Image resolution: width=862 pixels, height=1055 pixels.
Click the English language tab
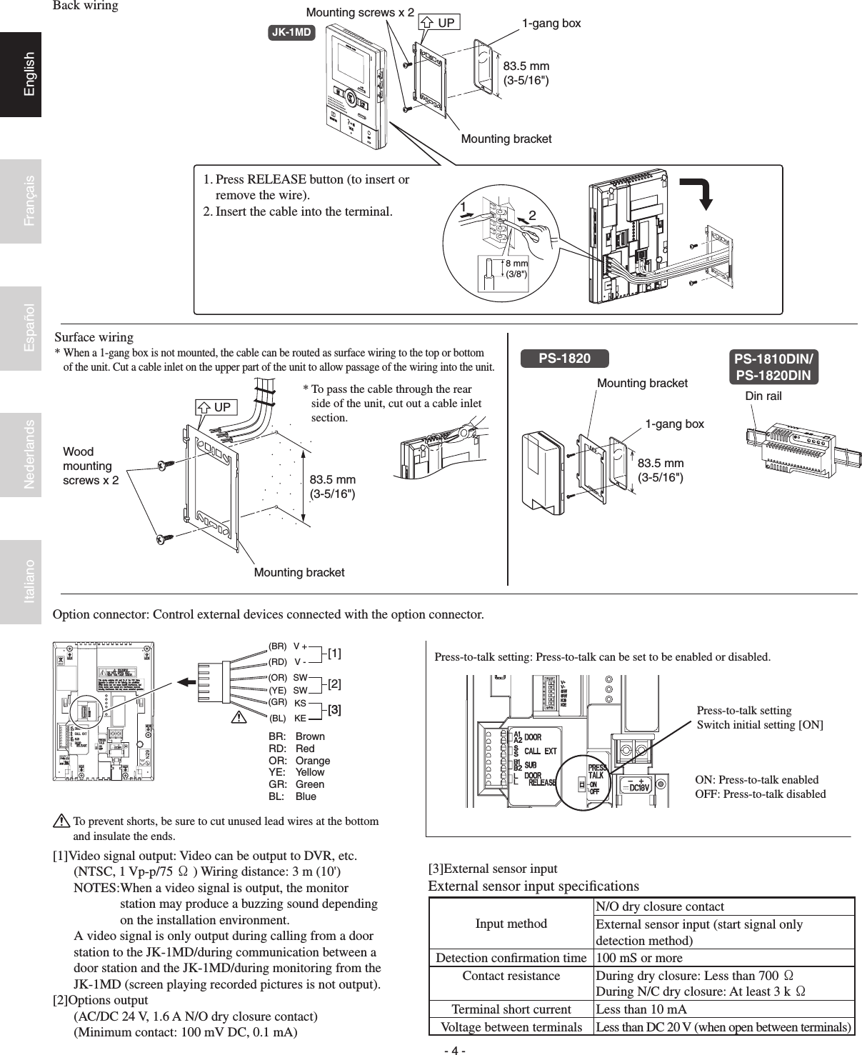[x=21, y=74]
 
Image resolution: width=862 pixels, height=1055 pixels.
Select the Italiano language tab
[x=21, y=581]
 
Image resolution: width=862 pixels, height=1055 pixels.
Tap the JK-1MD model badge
[x=292, y=33]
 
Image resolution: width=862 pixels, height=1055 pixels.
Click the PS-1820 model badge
[x=564, y=359]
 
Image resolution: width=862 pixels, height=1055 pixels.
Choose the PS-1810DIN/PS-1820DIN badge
[x=773, y=367]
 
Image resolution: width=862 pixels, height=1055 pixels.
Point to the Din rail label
[x=763, y=396]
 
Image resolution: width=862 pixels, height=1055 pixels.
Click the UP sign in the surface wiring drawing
[x=216, y=407]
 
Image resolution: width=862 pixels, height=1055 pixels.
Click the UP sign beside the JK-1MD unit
[x=439, y=23]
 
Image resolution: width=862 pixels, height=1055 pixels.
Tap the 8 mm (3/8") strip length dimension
[x=516, y=269]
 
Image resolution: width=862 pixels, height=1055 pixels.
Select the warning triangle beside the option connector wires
[x=239, y=716]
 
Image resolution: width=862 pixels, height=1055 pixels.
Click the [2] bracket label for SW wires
[x=334, y=684]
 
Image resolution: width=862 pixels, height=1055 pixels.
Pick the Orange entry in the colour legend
[x=312, y=761]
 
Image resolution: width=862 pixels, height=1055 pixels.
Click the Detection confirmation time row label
[x=511, y=958]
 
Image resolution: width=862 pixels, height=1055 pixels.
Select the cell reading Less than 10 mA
[x=641, y=1009]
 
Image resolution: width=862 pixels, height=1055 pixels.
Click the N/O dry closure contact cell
[x=659, y=906]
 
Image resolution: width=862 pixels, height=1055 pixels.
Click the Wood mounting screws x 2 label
[x=91, y=466]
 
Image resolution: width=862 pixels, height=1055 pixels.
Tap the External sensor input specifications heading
[x=533, y=886]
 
